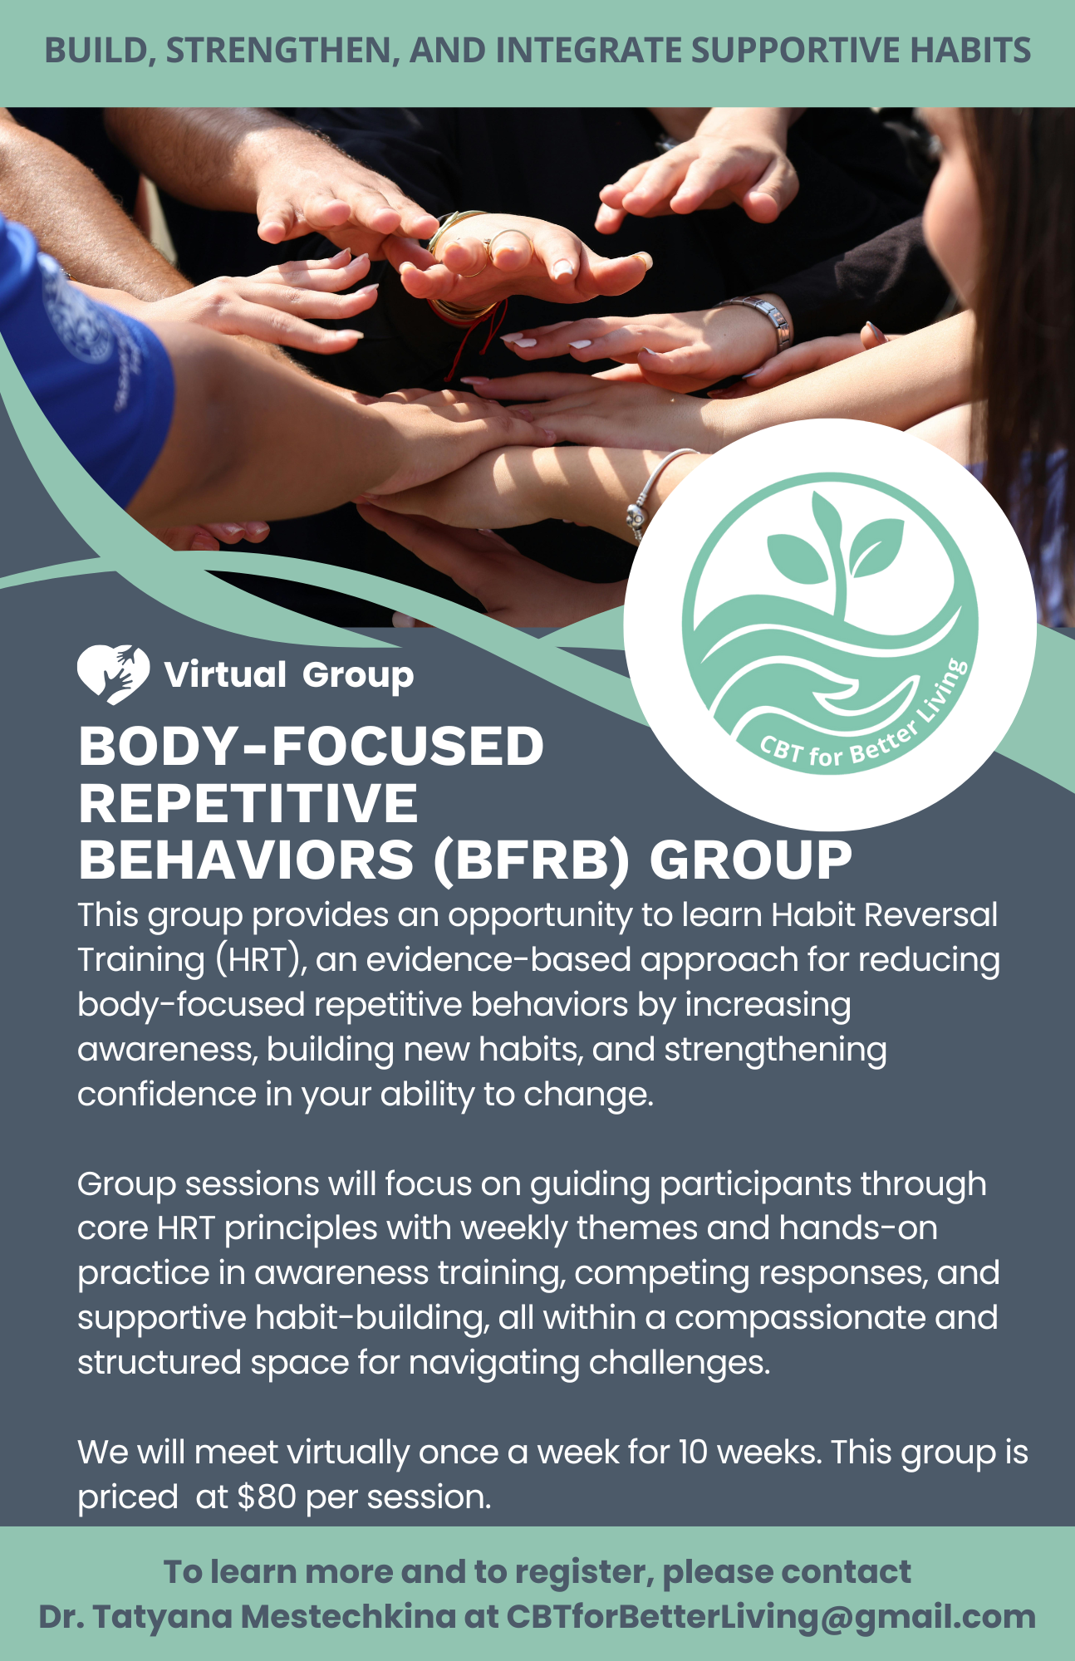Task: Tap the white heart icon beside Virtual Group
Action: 113,674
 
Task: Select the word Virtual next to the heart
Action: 225,674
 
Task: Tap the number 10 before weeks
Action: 693,1452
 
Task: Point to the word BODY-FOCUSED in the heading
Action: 311,745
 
